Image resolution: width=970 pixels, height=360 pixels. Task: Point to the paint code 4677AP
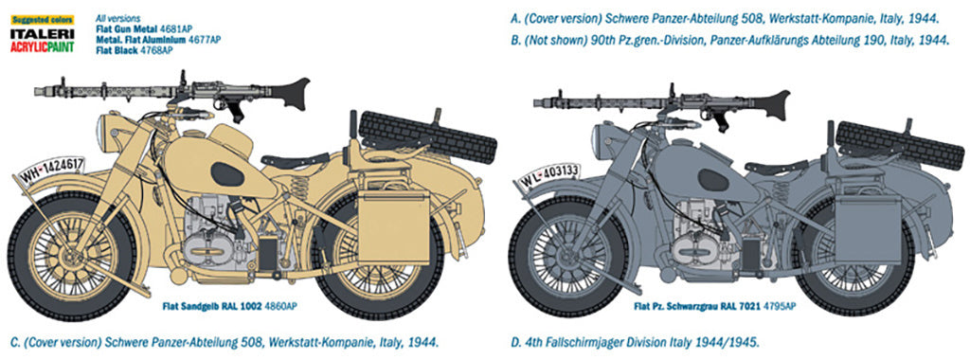click(204, 40)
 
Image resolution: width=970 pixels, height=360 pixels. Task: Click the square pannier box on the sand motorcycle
click(383, 229)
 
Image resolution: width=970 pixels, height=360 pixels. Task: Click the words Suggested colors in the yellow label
click(35, 18)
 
